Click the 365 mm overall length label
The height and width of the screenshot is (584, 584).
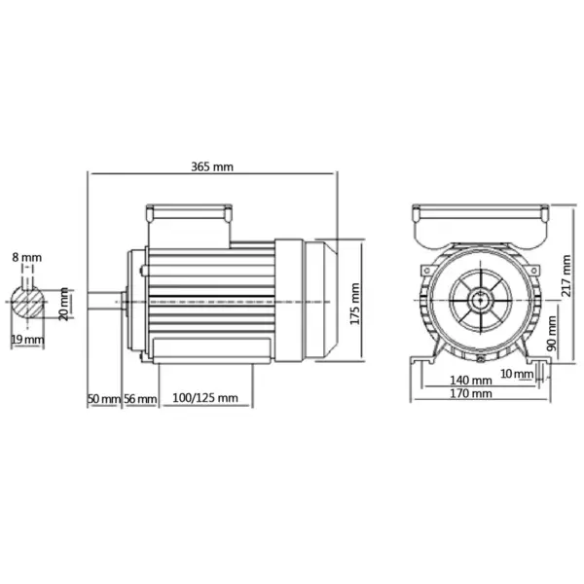[x=214, y=166]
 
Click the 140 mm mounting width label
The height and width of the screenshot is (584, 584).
[x=472, y=380]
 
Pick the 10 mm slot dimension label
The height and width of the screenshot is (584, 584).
[x=516, y=373]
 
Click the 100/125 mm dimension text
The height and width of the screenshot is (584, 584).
[x=205, y=398]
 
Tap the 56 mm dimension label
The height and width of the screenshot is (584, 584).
[x=140, y=398]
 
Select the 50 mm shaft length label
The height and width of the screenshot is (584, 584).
[x=102, y=398]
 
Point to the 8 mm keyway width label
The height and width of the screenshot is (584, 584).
[x=27, y=257]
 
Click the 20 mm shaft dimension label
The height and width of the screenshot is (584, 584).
[x=65, y=304]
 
